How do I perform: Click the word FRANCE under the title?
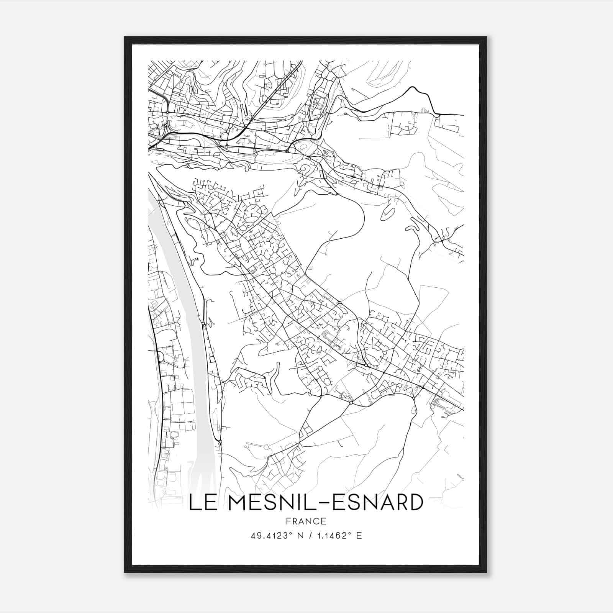(306, 521)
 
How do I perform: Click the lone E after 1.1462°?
(359, 536)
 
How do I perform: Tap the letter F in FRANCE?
(288, 521)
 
